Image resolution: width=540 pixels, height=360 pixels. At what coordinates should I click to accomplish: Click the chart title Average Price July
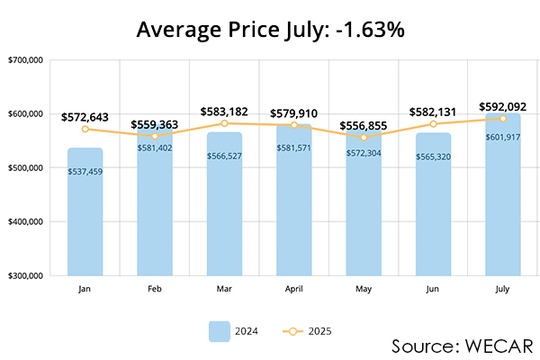(x=270, y=29)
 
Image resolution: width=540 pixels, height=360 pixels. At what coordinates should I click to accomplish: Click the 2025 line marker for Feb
(x=154, y=136)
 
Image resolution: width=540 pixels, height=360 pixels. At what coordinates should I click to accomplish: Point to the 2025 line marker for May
(x=364, y=138)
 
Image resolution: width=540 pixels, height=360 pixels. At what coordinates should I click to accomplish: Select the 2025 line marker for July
(x=502, y=118)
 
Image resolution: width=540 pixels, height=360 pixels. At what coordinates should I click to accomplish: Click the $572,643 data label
(x=85, y=117)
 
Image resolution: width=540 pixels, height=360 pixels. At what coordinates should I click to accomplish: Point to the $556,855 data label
(x=364, y=125)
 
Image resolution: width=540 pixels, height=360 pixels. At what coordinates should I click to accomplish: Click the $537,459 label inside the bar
(x=85, y=171)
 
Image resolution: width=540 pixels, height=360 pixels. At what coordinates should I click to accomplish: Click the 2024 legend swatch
(x=220, y=330)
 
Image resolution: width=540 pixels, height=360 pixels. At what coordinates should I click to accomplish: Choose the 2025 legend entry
(x=305, y=330)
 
